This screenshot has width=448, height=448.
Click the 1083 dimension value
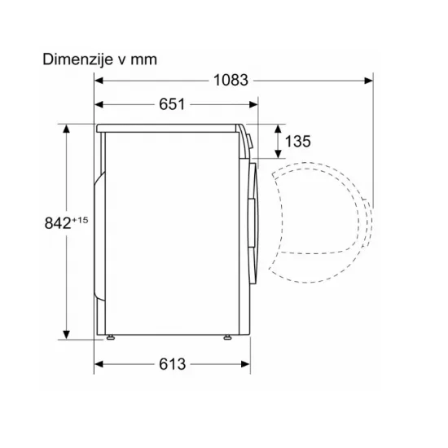click(231, 81)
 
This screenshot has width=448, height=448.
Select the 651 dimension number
click(172, 104)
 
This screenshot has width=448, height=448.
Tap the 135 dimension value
click(297, 142)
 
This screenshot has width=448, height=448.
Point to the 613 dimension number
click(173, 364)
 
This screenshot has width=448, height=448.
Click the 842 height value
click(58, 223)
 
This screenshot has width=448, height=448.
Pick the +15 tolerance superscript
click(80, 220)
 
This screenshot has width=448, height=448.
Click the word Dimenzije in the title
click(77, 59)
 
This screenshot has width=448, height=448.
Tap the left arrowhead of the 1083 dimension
click(99, 81)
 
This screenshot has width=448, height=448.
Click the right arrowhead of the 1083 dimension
click(368, 81)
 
